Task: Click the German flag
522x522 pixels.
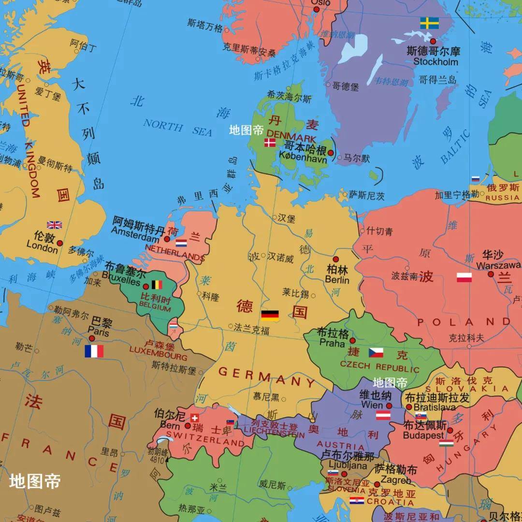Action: tap(270, 316)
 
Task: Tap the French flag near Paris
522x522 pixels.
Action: tap(94, 351)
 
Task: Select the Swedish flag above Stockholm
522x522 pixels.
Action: tap(429, 23)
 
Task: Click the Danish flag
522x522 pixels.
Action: tap(270, 143)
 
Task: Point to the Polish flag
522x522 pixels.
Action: tap(464, 277)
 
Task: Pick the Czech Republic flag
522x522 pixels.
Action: tap(376, 352)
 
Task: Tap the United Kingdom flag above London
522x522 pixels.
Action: tap(54, 225)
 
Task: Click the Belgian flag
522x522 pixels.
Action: tap(157, 285)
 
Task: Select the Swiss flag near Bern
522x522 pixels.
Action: tap(195, 418)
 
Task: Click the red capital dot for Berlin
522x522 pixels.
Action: tap(336, 260)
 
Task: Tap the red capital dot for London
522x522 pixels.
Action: tap(59, 243)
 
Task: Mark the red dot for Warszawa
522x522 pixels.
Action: tap(491, 274)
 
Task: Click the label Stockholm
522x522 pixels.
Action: tap(435, 62)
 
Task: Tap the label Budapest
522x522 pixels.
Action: tap(423, 435)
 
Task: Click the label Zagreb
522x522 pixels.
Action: tap(396, 480)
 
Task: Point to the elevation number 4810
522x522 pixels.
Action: tap(157, 460)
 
